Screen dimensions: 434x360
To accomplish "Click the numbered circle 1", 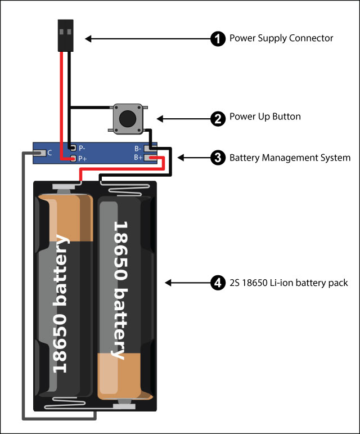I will coord(218,39).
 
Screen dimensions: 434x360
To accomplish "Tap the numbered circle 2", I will coord(218,118).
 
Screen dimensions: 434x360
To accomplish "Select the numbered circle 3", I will coord(218,158).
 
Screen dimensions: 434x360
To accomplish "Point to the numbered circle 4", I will coord(218,283).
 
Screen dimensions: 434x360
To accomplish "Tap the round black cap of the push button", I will coord(128,118).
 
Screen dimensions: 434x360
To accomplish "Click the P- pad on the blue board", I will coord(72,147).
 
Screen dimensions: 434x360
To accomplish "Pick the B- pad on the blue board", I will coord(149,149).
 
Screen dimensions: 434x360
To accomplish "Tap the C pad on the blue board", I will coord(41,153).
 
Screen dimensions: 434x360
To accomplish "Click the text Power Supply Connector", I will coord(281,39).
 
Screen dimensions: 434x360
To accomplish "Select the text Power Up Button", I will coord(265,118).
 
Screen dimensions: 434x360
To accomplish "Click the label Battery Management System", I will coord(290,158).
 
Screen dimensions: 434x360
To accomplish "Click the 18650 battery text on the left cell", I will coord(61,304).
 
